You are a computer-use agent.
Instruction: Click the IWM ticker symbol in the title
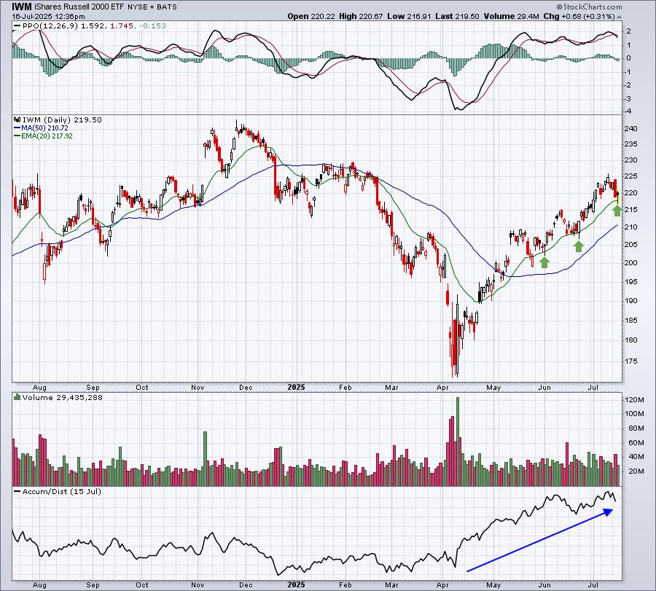click(x=22, y=7)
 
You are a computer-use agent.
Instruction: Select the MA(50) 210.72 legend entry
click(x=42, y=128)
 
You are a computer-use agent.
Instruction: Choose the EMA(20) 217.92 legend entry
click(x=43, y=136)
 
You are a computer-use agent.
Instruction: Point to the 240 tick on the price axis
click(x=630, y=129)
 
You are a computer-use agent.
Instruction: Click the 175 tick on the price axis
click(x=630, y=361)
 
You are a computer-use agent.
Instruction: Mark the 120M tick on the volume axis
click(x=634, y=400)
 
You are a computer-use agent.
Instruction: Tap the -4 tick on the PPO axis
click(x=628, y=111)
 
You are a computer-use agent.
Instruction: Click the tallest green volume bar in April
click(x=457, y=442)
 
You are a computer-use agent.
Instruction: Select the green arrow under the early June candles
click(x=544, y=262)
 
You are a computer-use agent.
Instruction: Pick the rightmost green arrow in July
click(x=617, y=211)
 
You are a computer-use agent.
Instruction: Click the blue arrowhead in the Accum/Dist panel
click(x=608, y=512)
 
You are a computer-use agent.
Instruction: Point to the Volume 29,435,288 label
click(x=63, y=397)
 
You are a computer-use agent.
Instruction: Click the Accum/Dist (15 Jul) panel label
click(x=61, y=491)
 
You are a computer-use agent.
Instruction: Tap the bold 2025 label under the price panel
click(x=296, y=387)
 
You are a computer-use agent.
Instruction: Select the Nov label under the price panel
click(x=198, y=387)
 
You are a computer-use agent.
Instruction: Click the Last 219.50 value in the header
click(x=457, y=16)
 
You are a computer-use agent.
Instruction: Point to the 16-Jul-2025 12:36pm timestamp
click(x=49, y=17)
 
